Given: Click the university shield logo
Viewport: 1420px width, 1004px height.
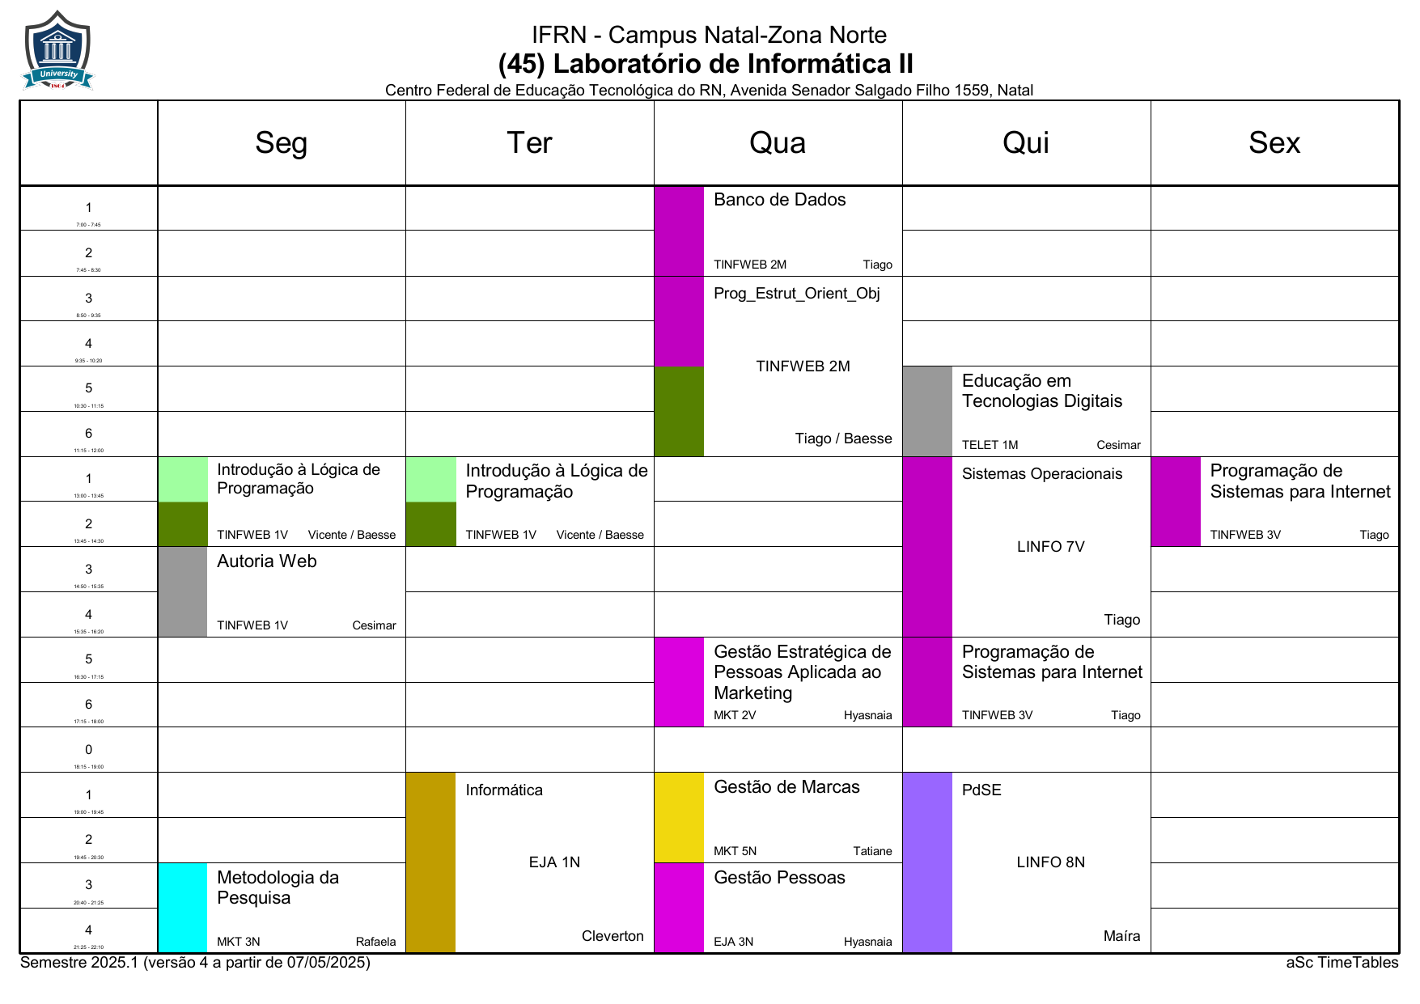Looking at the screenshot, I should click(57, 50).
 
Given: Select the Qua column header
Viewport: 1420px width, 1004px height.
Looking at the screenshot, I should click(778, 143).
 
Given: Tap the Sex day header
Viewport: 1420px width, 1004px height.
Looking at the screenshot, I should click(1274, 143).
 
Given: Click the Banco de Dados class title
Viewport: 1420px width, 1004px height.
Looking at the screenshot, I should click(779, 200).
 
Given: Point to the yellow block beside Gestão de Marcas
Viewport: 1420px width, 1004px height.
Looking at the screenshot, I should click(679, 817).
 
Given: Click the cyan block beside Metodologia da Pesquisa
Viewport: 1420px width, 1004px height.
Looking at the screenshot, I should click(183, 907).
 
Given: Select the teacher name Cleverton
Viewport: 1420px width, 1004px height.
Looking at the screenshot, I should click(613, 936).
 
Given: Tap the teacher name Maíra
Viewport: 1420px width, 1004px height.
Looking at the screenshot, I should click(1121, 936).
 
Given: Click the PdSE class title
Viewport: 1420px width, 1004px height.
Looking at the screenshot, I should click(981, 790).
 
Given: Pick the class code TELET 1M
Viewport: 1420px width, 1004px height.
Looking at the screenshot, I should click(990, 445).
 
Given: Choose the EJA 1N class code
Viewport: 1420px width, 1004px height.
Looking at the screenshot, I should click(554, 862).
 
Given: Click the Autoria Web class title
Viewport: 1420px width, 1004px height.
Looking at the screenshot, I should click(266, 561).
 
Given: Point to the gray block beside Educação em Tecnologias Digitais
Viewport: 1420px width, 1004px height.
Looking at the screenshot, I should click(927, 411).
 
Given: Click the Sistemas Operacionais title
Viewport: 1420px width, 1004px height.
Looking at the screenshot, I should click(1041, 474).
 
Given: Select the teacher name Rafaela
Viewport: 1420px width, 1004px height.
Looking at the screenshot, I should click(375, 942).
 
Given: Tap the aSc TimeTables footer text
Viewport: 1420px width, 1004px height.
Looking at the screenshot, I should click(1342, 963).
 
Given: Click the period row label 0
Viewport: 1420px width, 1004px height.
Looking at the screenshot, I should click(89, 750).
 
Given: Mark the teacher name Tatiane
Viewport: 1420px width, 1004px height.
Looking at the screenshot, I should click(872, 851).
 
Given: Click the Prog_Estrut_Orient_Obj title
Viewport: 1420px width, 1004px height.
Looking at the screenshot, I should click(796, 294).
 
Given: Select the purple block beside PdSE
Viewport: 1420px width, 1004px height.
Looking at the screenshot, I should click(927, 862).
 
